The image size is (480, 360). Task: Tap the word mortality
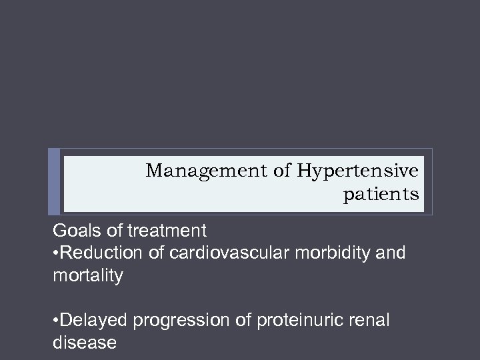pos(87,275)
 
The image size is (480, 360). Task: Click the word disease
pos(84,343)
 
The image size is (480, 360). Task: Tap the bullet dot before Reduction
pos(56,254)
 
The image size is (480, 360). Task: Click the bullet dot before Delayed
pos(56,321)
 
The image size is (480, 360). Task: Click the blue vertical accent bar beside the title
pos(54,181)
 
